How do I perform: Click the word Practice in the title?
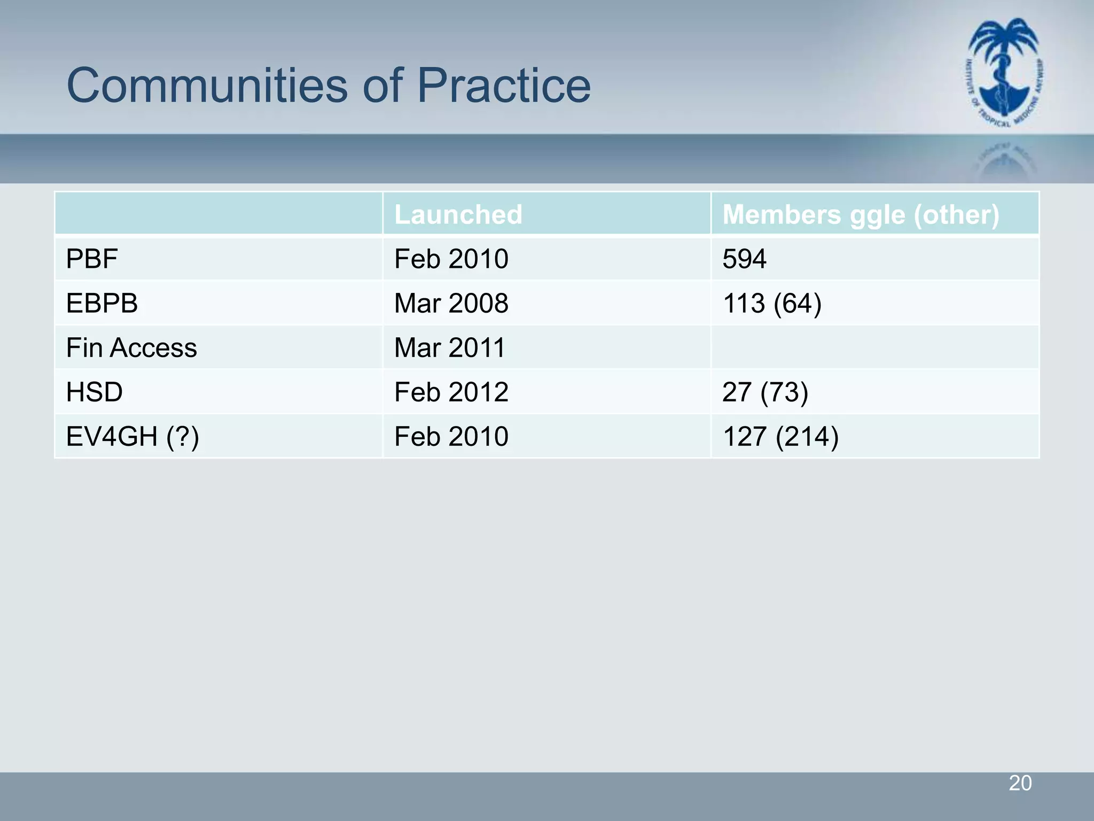pyautogui.click(x=504, y=86)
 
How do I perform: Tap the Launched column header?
pyautogui.click(x=458, y=214)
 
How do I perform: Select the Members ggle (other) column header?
pyautogui.click(x=861, y=214)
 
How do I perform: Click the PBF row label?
pyautogui.click(x=92, y=259)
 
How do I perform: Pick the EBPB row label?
pyautogui.click(x=102, y=304)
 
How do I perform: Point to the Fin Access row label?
pyautogui.click(x=131, y=348)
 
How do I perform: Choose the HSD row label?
pyautogui.click(x=95, y=392)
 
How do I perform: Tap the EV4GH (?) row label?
pyautogui.click(x=132, y=437)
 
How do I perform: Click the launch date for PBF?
pyautogui.click(x=451, y=259)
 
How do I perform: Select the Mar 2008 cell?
pyautogui.click(x=451, y=304)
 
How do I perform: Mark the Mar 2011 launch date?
pyautogui.click(x=450, y=348)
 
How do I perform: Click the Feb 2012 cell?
pyautogui.click(x=451, y=392)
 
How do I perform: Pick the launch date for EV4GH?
pyautogui.click(x=451, y=437)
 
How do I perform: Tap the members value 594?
pyautogui.click(x=745, y=259)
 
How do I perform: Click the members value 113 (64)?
pyautogui.click(x=772, y=304)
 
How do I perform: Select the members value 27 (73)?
pyautogui.click(x=765, y=392)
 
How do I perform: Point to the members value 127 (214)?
pyautogui.click(x=780, y=437)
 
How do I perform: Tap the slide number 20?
pyautogui.click(x=1020, y=783)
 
